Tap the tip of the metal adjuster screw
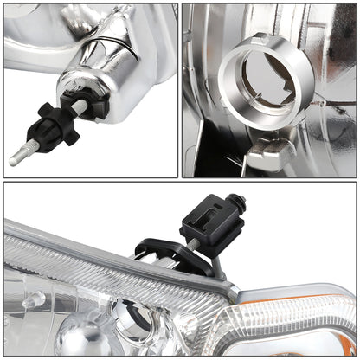[x=15, y=160]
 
